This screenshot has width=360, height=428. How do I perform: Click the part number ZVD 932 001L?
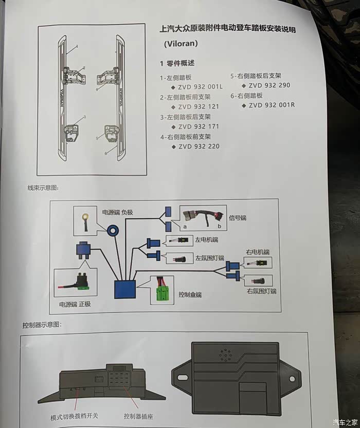point(200,87)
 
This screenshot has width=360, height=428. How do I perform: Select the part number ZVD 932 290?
point(269,85)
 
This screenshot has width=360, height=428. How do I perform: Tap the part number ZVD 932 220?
point(199,146)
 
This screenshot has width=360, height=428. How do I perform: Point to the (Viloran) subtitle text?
point(181,44)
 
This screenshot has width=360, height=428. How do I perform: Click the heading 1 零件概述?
point(177,63)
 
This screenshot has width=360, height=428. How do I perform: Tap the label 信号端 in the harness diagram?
point(238,218)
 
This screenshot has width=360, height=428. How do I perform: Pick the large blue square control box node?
point(125,289)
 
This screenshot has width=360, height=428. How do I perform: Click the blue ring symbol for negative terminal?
point(113,231)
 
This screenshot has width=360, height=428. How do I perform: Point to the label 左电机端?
point(207,240)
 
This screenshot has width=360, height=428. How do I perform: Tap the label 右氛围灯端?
point(261,291)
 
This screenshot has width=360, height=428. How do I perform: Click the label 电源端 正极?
point(75,304)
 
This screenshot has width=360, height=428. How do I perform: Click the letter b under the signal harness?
point(219,226)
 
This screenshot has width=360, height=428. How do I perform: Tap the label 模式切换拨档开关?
point(74,417)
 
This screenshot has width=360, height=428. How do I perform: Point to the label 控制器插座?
point(138,416)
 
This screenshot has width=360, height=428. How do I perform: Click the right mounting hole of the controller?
point(292,379)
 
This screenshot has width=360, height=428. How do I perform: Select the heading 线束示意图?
point(43,188)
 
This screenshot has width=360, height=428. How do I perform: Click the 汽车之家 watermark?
point(345,422)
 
